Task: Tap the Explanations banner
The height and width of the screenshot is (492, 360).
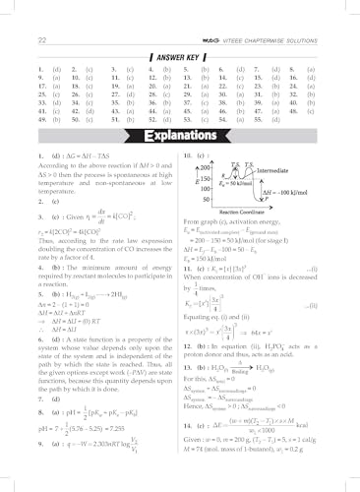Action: pos(180,133)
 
